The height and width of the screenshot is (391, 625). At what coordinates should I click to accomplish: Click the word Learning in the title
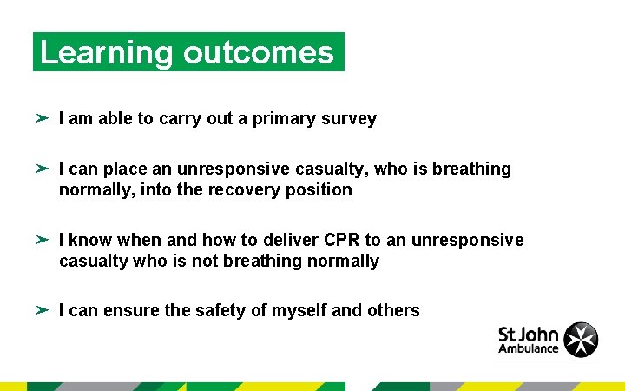[x=107, y=53]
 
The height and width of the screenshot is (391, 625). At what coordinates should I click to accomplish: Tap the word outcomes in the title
[x=259, y=53]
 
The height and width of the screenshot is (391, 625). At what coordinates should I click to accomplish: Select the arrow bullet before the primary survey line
[x=43, y=118]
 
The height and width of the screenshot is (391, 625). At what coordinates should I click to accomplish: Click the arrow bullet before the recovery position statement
[x=43, y=169]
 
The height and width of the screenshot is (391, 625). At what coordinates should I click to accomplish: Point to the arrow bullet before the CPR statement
[x=43, y=240]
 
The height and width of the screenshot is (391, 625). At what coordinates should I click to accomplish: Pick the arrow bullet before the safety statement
[x=43, y=310]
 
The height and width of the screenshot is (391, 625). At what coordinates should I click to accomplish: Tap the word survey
[x=347, y=119]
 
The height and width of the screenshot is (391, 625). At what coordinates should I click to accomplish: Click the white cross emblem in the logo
[x=581, y=340]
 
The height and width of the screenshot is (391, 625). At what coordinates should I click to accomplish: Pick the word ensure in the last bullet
[x=129, y=310]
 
